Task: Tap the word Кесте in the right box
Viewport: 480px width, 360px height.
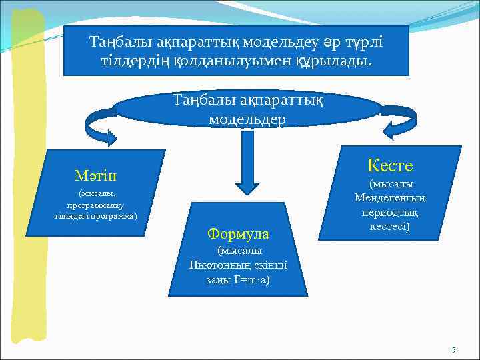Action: click(390, 165)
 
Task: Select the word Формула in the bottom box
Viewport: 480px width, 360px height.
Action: click(238, 234)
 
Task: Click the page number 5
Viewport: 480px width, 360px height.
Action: click(454, 350)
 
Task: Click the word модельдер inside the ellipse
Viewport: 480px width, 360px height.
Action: click(247, 119)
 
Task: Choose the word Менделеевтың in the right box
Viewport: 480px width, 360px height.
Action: click(391, 198)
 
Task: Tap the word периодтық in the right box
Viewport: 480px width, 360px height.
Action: click(390, 213)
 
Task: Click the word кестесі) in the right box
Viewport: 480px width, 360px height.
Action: click(390, 227)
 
